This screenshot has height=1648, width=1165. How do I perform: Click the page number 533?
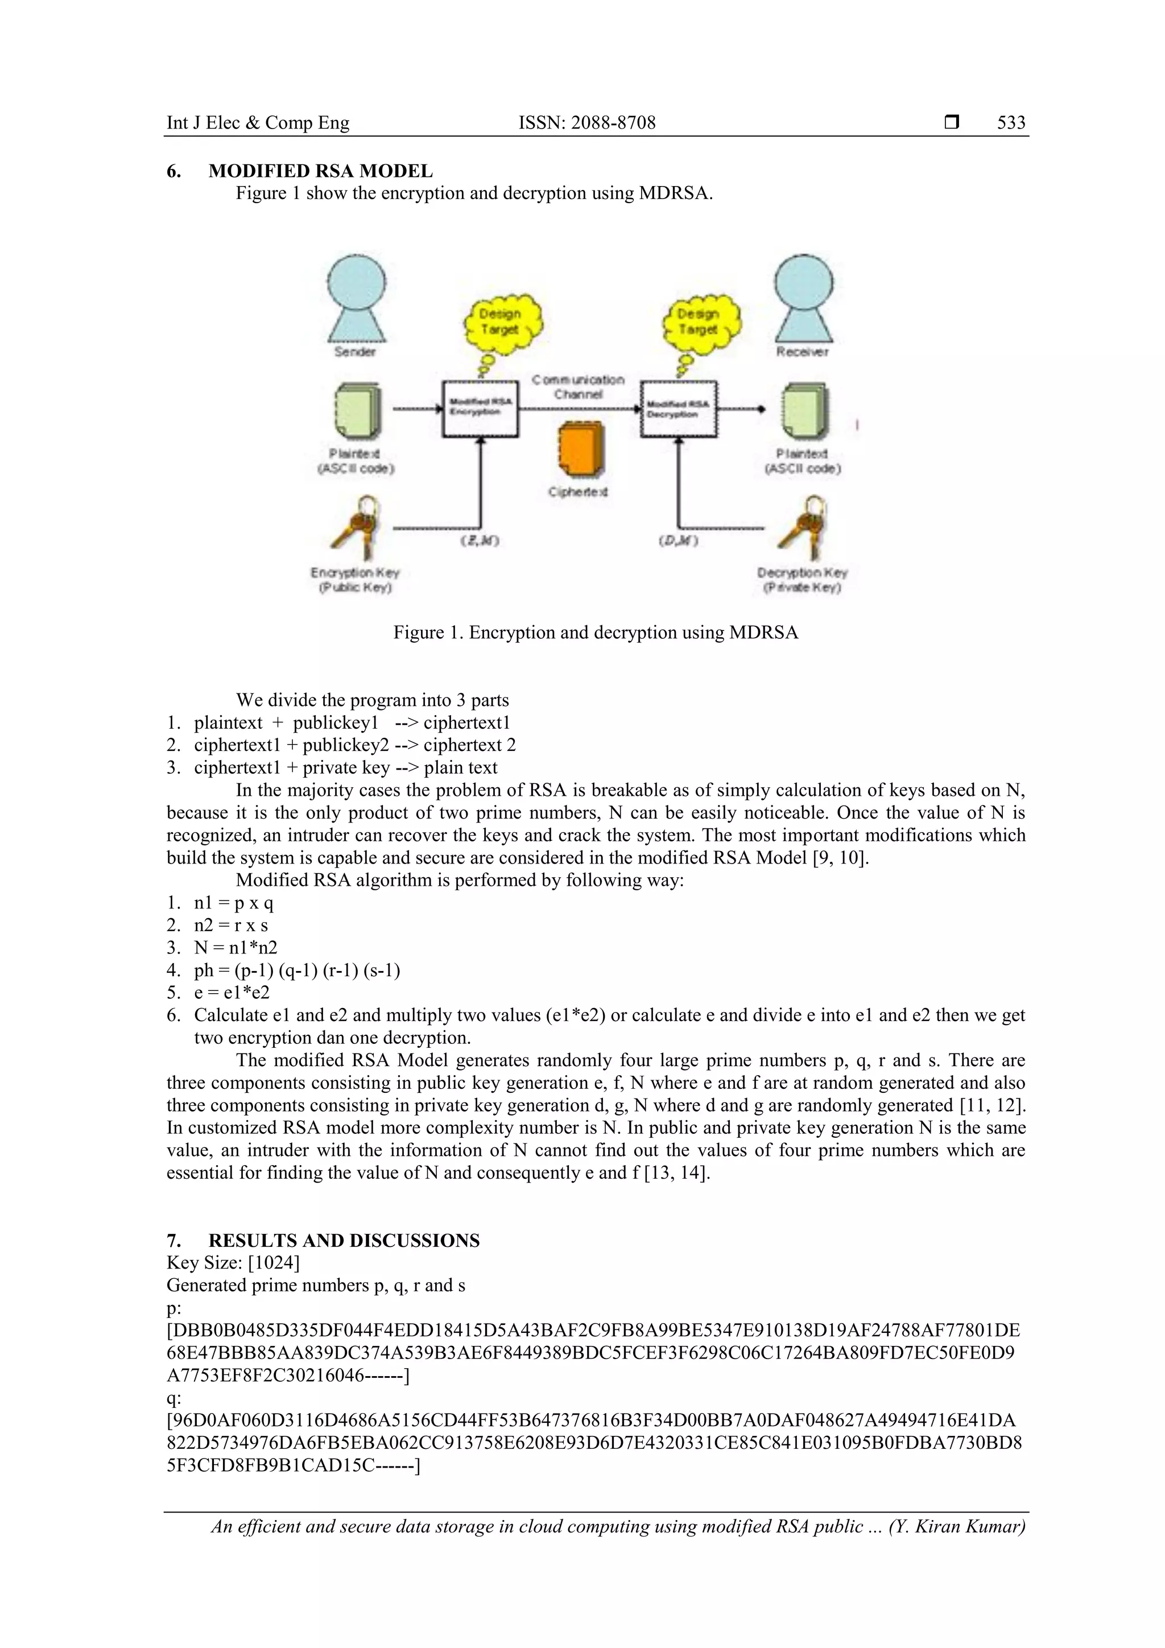click(x=1011, y=123)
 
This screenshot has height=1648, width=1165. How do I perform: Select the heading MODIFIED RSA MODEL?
click(x=320, y=171)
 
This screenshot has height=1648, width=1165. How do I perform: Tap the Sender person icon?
click(x=357, y=301)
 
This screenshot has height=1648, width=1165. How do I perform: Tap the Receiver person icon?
click(x=803, y=301)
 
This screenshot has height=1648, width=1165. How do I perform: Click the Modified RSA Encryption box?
click(x=480, y=408)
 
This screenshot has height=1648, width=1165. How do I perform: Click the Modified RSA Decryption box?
click(x=678, y=408)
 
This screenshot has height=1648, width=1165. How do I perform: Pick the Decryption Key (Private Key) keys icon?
click(x=803, y=527)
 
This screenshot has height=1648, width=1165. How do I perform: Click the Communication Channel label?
click(x=578, y=386)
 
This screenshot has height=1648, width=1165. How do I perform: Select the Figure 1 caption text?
click(x=595, y=633)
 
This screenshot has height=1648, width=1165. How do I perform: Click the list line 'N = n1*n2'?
click(x=235, y=948)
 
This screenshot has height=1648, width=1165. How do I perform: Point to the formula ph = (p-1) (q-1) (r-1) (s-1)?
click(x=296, y=970)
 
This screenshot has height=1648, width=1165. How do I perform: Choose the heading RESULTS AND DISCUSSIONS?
click(x=344, y=1240)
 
